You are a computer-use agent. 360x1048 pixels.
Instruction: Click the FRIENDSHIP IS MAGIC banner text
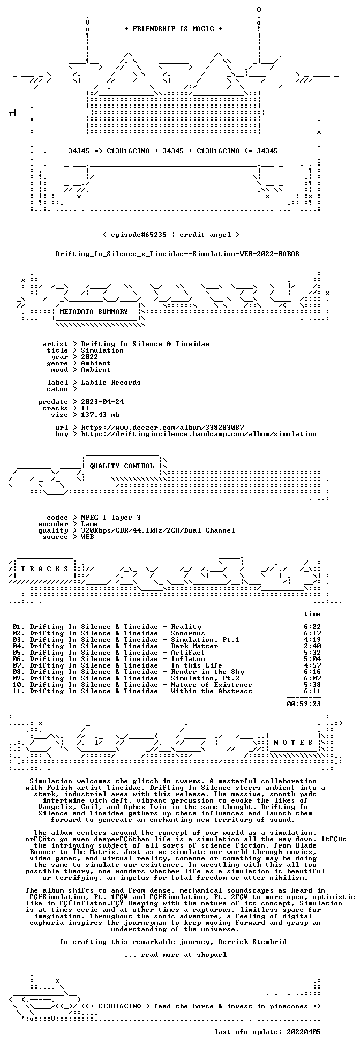(173, 29)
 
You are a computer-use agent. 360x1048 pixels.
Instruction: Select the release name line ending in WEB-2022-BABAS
(177, 254)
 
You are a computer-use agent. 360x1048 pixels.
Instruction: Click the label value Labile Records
(111, 383)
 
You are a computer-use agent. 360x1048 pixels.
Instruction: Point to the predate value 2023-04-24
(102, 402)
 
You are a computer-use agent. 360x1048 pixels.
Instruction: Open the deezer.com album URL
(162, 428)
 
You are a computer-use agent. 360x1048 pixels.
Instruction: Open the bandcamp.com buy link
(199, 434)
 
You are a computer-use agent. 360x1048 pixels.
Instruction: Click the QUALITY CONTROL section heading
(122, 466)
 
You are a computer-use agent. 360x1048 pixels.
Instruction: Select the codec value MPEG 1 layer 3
(111, 518)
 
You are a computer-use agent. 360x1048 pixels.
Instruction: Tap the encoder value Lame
(89, 524)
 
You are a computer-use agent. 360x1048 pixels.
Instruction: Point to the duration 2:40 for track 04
(312, 646)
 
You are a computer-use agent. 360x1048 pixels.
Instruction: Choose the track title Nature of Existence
(212, 685)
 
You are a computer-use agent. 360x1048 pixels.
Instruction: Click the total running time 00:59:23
(304, 704)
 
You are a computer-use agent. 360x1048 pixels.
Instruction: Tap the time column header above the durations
(312, 614)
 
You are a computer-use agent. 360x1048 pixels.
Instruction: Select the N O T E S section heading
(293, 743)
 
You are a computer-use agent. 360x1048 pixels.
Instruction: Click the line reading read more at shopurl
(175, 955)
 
